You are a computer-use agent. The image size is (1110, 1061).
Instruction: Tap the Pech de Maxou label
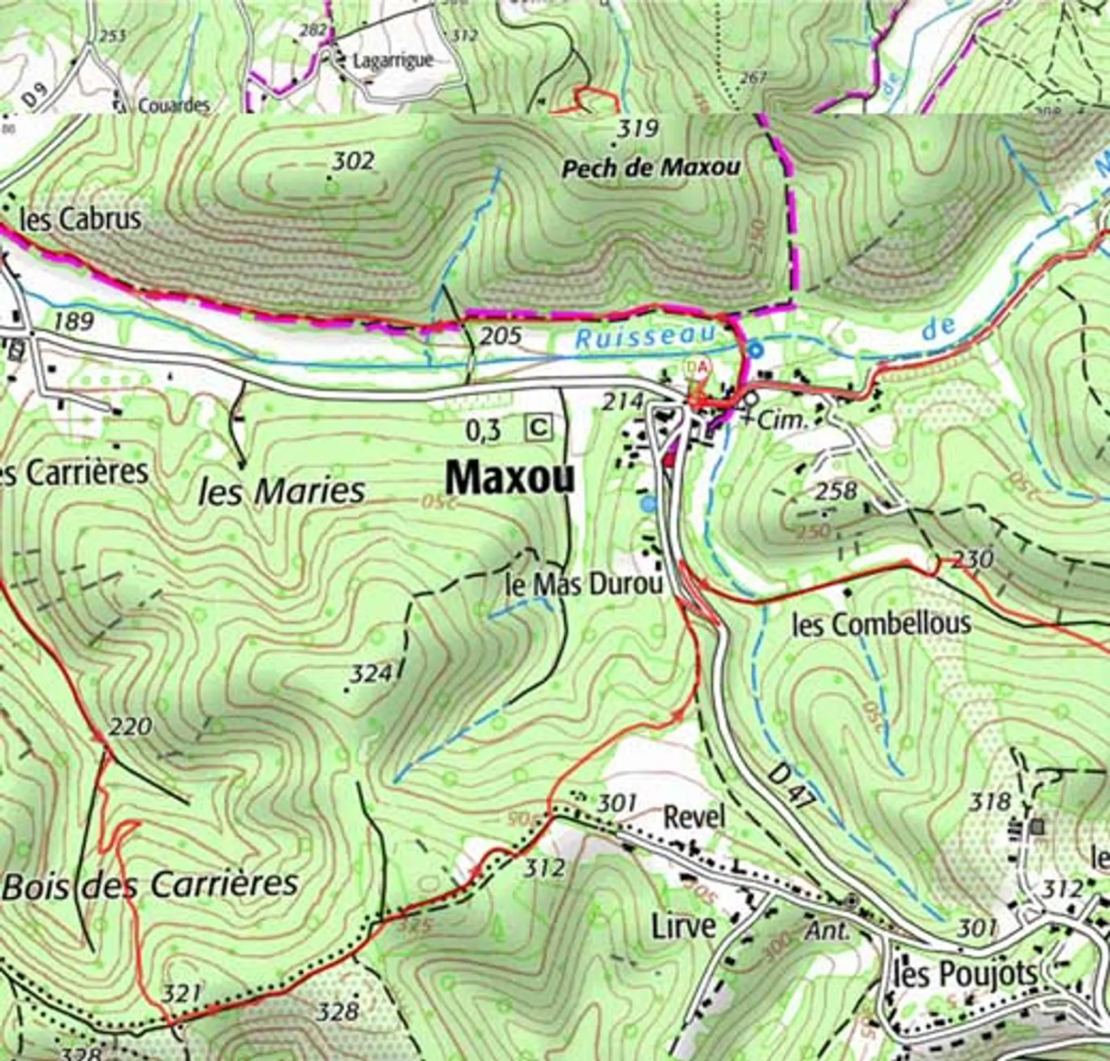point(651,169)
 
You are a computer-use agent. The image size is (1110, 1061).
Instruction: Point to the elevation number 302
point(353,162)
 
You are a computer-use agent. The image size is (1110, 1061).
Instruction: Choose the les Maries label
point(282,492)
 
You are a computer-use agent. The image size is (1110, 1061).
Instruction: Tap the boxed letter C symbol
point(539,428)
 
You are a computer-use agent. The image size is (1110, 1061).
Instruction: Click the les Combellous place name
point(882,625)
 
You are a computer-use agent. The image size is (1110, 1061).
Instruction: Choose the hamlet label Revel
point(693,817)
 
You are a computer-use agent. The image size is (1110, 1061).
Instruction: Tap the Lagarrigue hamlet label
point(392,61)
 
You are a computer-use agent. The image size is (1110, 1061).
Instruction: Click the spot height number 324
point(371,674)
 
